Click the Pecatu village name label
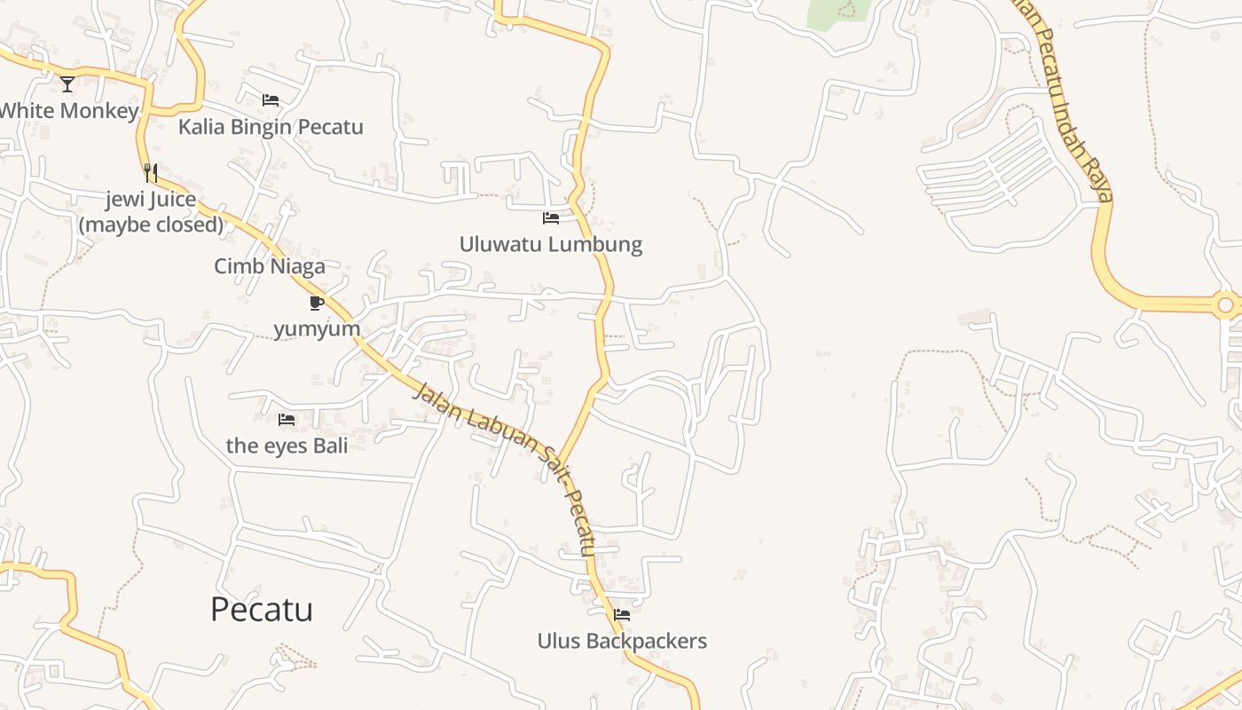click(262, 610)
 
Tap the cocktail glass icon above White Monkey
click(67, 84)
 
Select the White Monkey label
click(69, 111)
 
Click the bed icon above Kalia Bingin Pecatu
click(271, 100)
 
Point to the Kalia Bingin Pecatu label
click(271, 127)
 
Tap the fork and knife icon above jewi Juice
click(151, 172)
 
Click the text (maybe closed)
click(151, 225)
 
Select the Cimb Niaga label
click(270, 266)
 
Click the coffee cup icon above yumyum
click(316, 304)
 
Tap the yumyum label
click(317, 329)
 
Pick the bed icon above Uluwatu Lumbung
click(551, 218)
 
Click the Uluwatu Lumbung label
click(551, 244)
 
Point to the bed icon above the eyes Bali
click(287, 420)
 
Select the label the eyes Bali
click(287, 446)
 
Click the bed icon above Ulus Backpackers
click(622, 614)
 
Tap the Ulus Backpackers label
click(622, 641)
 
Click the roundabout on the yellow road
click(1225, 305)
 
